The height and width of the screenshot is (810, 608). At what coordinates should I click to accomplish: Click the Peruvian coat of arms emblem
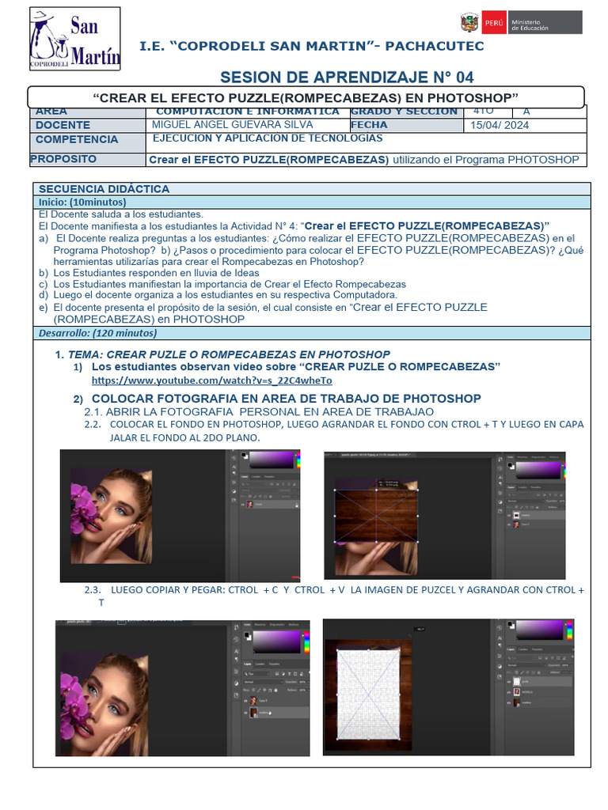[x=469, y=23]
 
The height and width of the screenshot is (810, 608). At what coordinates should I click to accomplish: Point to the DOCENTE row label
[x=63, y=125]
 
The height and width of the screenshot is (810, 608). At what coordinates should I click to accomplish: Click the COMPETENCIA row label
[x=76, y=139]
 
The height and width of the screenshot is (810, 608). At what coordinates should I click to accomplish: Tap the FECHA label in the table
[x=369, y=125]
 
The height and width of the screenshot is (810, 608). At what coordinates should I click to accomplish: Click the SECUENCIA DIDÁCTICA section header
[x=104, y=189]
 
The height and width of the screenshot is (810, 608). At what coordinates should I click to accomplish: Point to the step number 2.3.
[x=93, y=590]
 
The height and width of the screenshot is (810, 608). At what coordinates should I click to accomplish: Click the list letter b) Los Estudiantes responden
[x=43, y=273]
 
